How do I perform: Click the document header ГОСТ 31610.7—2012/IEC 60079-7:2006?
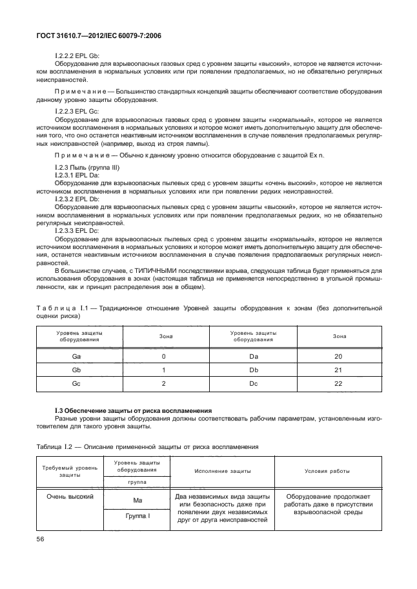(103, 36)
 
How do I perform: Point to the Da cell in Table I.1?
(253, 356)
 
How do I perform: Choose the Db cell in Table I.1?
(253, 370)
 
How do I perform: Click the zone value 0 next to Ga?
(164, 356)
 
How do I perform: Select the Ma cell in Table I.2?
(137, 500)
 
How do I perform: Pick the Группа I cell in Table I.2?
(137, 517)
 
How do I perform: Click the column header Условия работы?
(327, 471)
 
